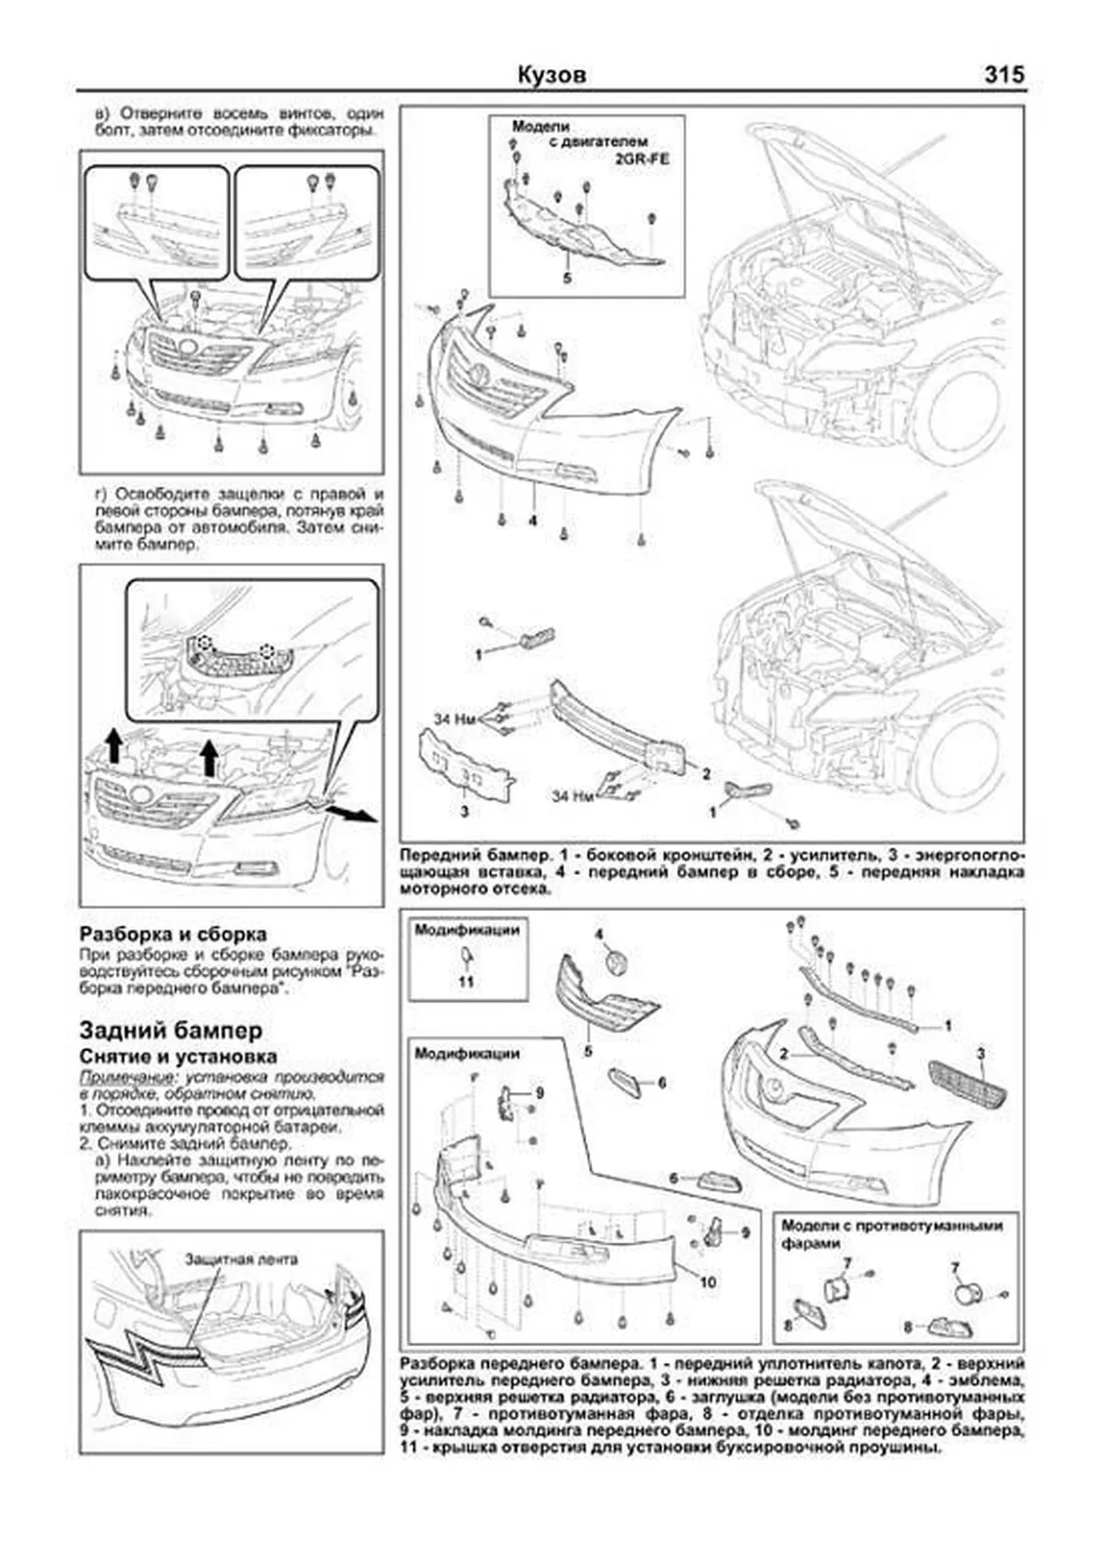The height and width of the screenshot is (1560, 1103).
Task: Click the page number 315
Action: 1004,75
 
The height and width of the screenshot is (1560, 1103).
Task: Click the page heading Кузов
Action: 551,75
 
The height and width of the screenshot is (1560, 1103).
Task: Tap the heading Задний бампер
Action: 171,1030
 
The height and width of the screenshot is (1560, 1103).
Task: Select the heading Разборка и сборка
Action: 174,934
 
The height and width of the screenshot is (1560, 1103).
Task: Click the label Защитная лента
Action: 241,1258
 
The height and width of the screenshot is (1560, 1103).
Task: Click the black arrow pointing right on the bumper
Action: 355,814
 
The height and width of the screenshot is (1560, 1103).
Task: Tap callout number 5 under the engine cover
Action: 567,277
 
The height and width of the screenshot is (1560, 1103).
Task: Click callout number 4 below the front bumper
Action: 532,521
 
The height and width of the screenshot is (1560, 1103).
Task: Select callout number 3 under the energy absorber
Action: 465,812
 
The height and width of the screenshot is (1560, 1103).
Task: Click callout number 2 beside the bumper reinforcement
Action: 706,774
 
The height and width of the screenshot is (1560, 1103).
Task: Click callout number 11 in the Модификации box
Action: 466,982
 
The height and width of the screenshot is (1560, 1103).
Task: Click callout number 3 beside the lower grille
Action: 981,1053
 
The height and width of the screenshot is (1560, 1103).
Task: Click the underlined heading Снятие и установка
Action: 178,1057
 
